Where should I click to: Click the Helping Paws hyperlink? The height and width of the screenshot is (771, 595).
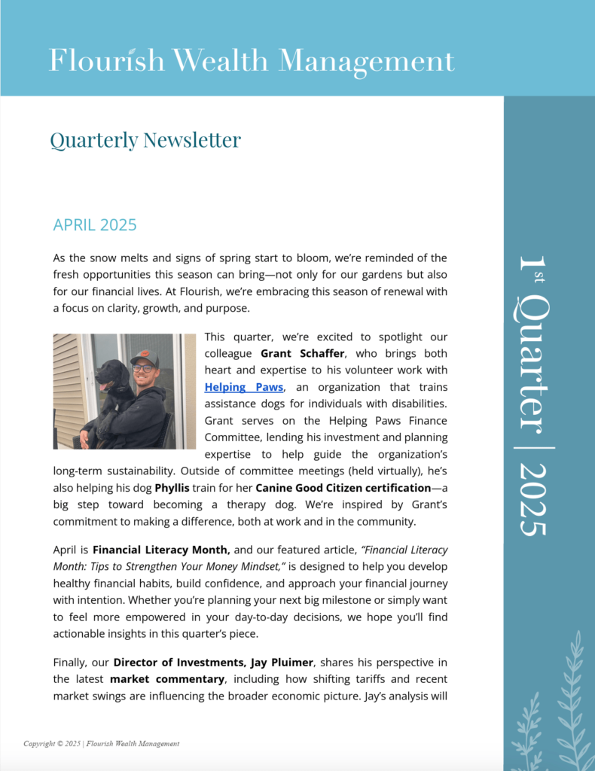(244, 386)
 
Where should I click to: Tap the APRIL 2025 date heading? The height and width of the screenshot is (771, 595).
(95, 225)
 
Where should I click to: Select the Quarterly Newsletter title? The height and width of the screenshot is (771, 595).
(145, 140)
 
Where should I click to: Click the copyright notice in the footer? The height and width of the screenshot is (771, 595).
(101, 744)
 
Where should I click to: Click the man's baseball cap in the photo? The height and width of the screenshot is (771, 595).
(144, 357)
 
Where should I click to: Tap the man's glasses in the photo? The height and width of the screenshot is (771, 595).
(142, 368)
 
